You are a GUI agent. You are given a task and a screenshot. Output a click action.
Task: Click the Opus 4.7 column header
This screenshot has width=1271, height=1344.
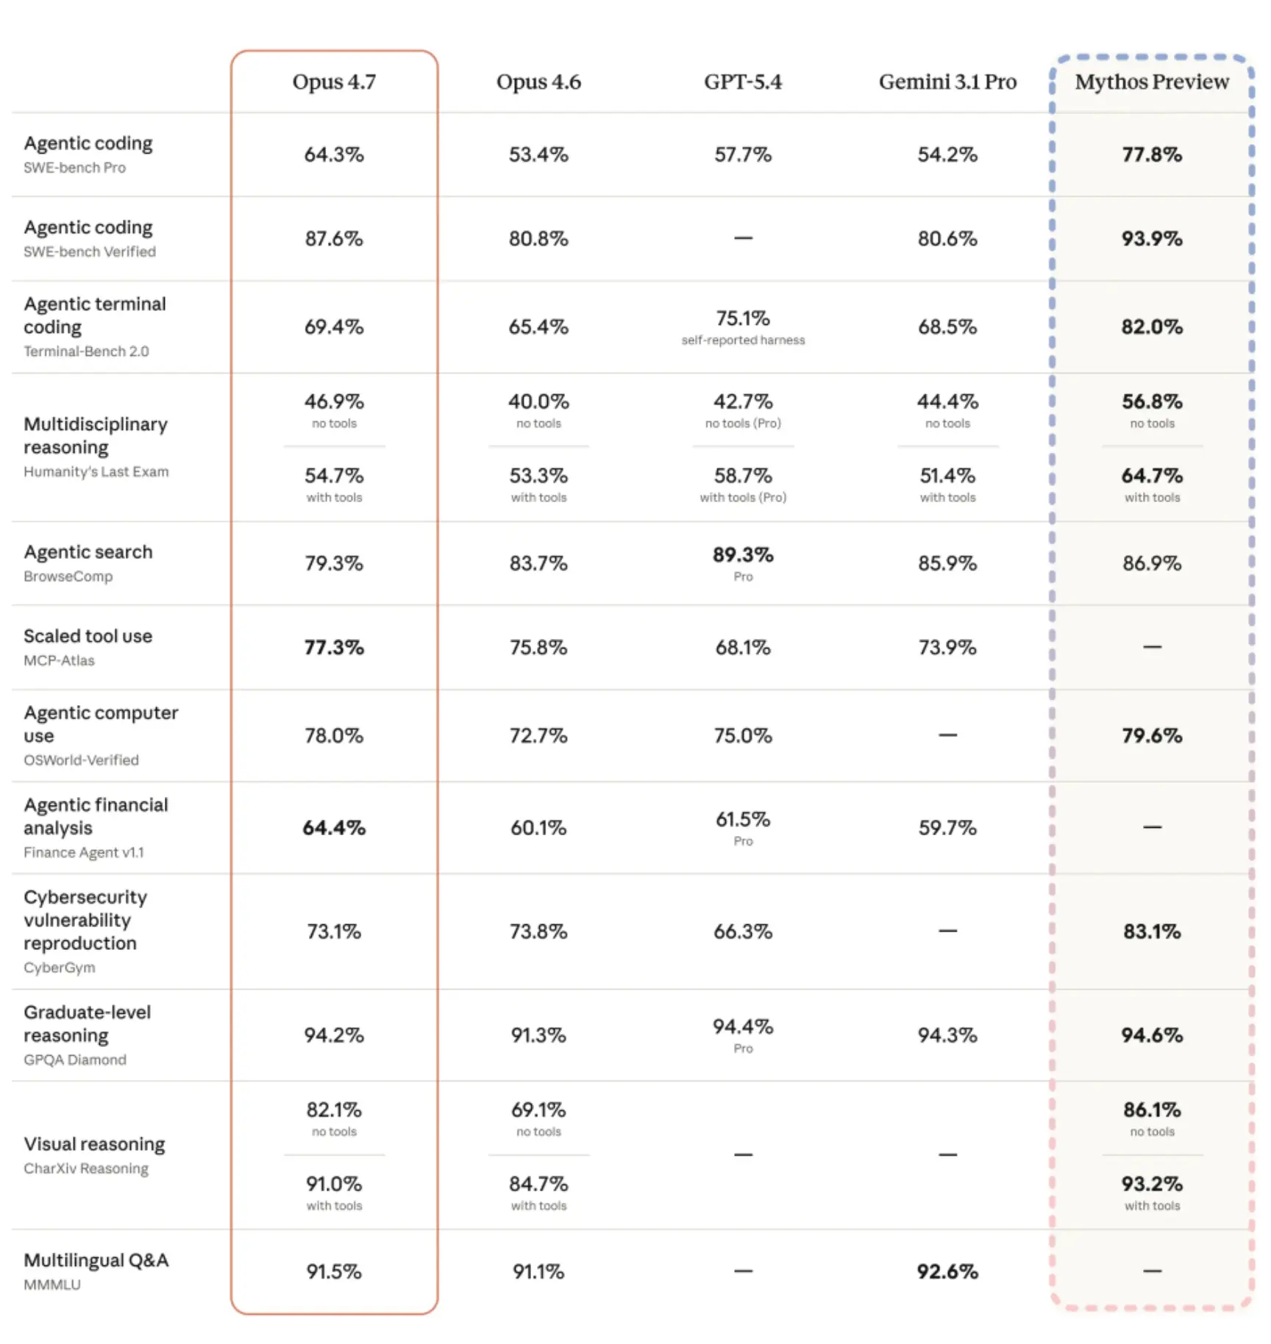[x=334, y=82]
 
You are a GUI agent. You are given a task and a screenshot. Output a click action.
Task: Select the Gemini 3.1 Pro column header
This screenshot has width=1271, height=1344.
[x=947, y=82]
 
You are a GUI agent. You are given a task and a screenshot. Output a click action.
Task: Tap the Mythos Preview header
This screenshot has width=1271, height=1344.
[x=1152, y=82]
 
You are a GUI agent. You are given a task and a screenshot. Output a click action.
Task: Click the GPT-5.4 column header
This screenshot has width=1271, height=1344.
[x=743, y=82]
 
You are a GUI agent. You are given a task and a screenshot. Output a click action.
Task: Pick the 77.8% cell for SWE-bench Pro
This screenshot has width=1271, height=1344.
[x=1152, y=154]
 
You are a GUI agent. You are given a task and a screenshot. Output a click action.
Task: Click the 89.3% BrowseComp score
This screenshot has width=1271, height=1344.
[x=743, y=555]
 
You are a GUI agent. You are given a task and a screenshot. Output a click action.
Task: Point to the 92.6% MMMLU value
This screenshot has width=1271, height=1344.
[x=947, y=1271]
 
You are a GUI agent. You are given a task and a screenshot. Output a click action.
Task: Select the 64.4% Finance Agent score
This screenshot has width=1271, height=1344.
[x=334, y=828]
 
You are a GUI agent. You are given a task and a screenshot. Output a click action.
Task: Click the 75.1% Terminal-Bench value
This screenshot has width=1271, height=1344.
[x=743, y=318]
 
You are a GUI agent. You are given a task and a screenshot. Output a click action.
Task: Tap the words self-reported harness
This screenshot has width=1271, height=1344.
[x=743, y=340]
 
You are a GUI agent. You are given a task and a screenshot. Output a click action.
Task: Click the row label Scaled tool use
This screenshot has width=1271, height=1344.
[x=88, y=636]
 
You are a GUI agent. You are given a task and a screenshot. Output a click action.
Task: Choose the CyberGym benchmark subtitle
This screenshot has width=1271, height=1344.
[x=60, y=968]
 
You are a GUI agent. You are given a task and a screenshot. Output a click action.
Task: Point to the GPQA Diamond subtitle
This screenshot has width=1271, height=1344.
[x=75, y=1059]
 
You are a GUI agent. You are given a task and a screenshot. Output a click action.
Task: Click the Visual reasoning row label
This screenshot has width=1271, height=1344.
[x=95, y=1145]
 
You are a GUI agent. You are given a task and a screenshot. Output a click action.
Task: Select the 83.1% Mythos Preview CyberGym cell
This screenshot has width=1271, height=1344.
[x=1152, y=932]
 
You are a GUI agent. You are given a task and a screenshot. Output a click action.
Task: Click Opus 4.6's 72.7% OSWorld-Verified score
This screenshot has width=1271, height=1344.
[x=538, y=735]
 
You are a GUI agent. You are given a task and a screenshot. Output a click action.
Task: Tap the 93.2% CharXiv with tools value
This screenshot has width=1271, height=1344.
[x=1152, y=1184]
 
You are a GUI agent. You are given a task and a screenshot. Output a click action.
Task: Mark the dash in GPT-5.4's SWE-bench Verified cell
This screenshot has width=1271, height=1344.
[x=743, y=238]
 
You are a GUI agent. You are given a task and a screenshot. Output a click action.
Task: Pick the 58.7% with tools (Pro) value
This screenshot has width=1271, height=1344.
[x=743, y=476]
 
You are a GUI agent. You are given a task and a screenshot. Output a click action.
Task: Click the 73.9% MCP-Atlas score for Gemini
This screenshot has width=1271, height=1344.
[x=947, y=647]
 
